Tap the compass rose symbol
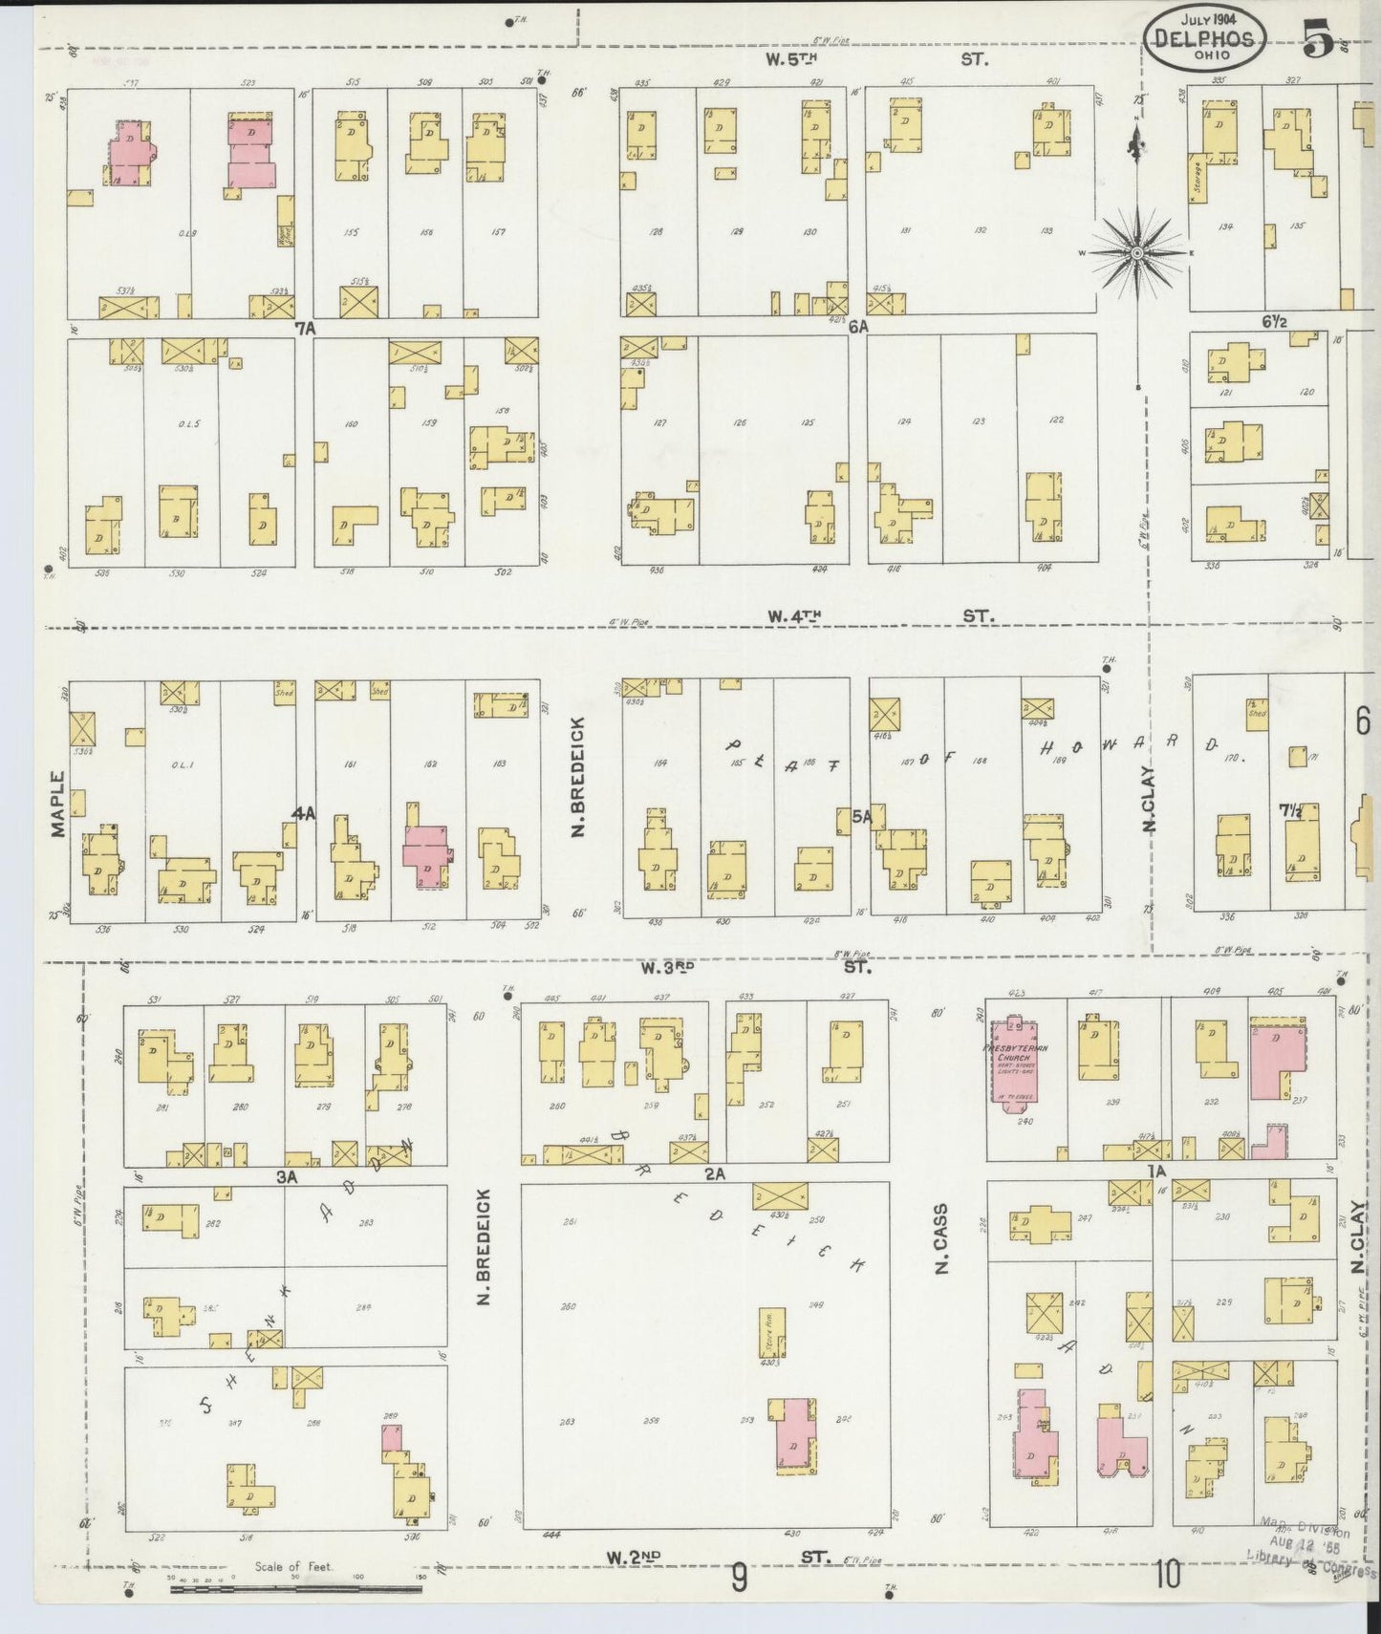point(1137,252)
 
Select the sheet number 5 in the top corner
point(1318,42)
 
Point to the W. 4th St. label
point(881,618)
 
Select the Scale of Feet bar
point(296,1589)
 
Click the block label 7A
point(305,328)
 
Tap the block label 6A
point(857,326)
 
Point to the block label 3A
point(287,1178)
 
